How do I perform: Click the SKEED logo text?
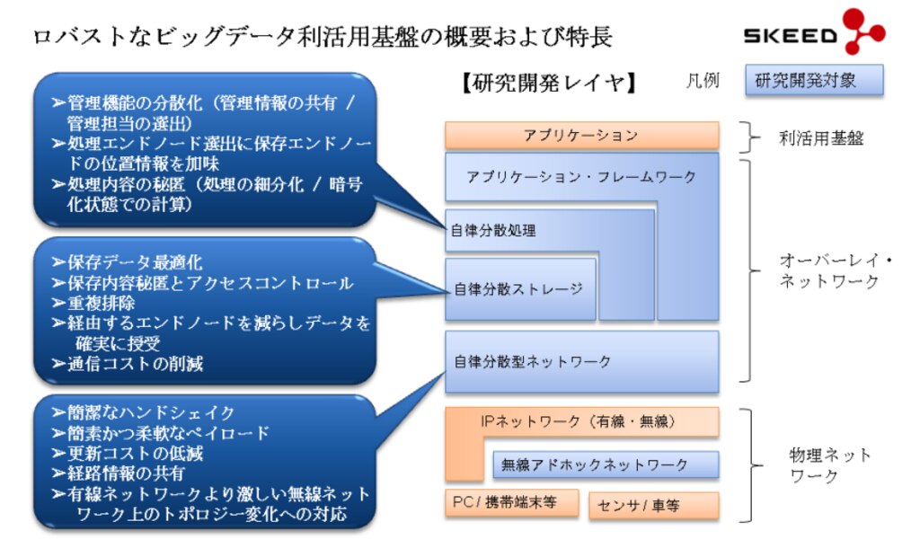tap(790, 36)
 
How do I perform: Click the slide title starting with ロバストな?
tap(323, 37)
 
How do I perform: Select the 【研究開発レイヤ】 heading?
tap(548, 84)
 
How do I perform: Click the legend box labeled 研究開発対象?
tap(814, 80)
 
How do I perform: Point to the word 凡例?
tap(702, 81)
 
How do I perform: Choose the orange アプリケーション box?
tap(581, 136)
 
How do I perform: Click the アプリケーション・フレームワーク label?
tap(581, 177)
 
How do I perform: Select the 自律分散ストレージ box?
tap(519, 288)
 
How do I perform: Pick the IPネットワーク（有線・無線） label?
tap(578, 420)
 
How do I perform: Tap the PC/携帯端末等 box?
tap(512, 503)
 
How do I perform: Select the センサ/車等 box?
tap(653, 505)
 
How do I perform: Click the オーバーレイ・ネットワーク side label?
tap(835, 270)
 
